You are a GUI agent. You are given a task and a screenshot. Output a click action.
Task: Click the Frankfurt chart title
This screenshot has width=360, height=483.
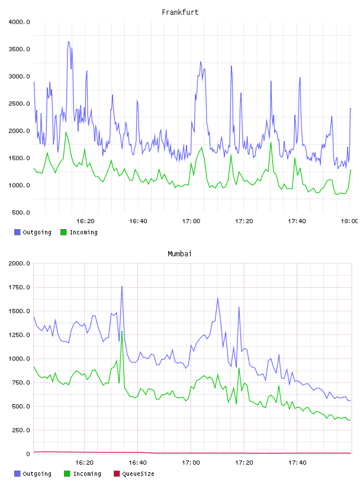(180, 12)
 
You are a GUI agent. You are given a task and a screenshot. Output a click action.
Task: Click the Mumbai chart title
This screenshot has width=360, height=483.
(179, 254)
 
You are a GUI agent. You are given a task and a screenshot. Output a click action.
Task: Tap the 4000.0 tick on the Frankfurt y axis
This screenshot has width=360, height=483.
(19, 22)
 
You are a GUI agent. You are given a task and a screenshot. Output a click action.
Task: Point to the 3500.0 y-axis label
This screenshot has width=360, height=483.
(19, 49)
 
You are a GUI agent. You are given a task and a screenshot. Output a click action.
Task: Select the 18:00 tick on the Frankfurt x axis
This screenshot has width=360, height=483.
(349, 221)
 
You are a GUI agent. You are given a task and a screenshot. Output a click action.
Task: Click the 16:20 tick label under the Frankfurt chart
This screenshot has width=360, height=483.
(85, 221)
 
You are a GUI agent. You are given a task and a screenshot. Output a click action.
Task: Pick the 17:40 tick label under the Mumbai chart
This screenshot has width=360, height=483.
(297, 463)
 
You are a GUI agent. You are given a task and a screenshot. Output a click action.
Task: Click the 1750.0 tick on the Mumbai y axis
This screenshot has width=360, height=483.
(19, 288)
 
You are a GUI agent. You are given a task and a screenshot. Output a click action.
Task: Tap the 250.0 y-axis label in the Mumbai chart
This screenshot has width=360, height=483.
(21, 430)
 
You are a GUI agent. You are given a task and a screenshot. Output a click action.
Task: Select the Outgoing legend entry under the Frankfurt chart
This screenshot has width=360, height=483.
(33, 232)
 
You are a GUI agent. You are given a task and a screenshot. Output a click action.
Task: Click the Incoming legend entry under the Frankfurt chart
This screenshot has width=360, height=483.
(79, 232)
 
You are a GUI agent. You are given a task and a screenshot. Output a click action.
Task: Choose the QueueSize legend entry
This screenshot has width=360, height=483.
(134, 474)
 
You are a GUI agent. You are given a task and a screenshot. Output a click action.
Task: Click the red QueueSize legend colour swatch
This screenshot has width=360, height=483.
(117, 474)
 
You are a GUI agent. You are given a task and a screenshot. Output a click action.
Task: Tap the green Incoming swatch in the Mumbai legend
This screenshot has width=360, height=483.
(67, 474)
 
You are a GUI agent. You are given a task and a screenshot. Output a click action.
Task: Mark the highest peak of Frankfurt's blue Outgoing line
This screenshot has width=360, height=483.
(69, 41)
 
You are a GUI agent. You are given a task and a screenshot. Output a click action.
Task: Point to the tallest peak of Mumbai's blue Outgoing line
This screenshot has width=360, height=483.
(122, 286)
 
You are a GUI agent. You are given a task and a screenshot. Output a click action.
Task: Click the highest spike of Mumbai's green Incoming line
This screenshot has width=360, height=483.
(122, 331)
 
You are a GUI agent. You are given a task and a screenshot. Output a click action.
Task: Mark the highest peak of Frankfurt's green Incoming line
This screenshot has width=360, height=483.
(66, 132)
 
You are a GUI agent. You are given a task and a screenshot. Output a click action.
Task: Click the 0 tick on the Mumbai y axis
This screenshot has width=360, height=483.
(28, 454)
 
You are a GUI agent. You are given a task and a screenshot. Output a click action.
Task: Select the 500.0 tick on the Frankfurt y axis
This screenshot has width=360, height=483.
(21, 212)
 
